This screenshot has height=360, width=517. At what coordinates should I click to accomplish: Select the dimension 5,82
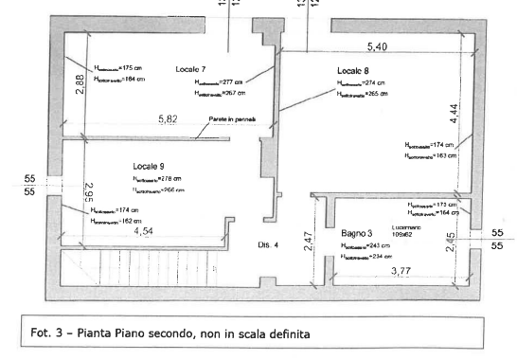[x=168, y=120]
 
